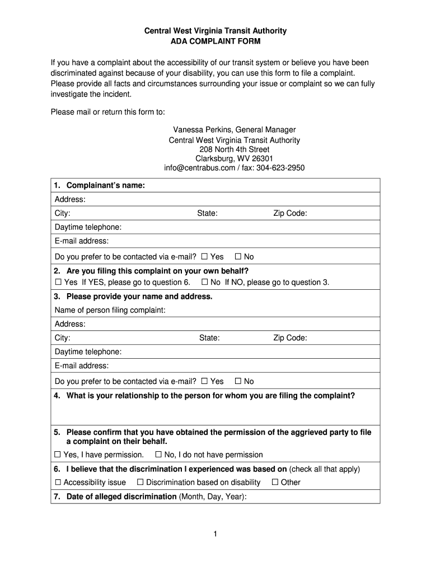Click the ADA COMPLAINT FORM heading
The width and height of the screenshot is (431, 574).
pyautogui.click(x=215, y=41)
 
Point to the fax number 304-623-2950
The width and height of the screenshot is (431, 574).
pyautogui.click(x=280, y=168)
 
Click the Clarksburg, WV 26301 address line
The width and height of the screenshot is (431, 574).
pyautogui.click(x=234, y=159)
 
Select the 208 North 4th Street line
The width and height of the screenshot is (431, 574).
pyautogui.click(x=234, y=150)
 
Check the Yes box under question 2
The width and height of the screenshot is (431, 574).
pyautogui.click(x=58, y=283)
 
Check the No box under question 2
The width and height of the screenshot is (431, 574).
pyautogui.click(x=205, y=283)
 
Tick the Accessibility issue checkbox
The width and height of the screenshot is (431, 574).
pyautogui.click(x=58, y=483)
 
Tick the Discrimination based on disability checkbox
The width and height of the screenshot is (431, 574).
pyautogui.click(x=140, y=483)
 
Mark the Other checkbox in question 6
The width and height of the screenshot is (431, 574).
pyautogui.click(x=275, y=483)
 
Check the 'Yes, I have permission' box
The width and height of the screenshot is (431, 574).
pyautogui.click(x=58, y=455)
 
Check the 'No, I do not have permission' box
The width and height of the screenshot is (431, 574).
pyautogui.click(x=158, y=455)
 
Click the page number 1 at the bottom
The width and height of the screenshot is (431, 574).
pyautogui.click(x=215, y=534)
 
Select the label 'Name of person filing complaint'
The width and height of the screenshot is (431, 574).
pyautogui.click(x=118, y=311)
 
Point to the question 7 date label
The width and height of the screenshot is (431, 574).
pyautogui.click(x=150, y=497)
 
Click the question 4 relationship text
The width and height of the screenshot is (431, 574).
pyautogui.click(x=210, y=396)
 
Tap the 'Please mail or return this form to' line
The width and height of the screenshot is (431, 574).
pyautogui.click(x=108, y=112)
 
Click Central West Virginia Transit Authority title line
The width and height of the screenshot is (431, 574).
pyautogui.click(x=215, y=31)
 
